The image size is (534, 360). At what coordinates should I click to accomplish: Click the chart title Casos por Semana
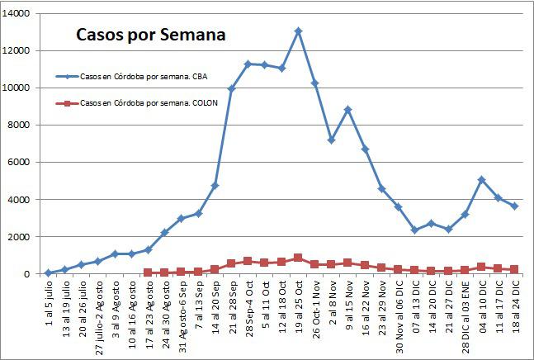coord(150,36)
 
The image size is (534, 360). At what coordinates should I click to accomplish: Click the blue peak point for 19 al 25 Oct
coord(298,31)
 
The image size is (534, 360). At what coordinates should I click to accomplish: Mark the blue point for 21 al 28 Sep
coord(231,89)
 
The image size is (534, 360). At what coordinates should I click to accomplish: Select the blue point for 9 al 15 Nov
coord(348,109)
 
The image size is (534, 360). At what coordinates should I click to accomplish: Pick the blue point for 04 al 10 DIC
coord(482,179)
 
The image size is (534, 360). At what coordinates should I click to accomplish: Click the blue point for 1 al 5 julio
coord(48,272)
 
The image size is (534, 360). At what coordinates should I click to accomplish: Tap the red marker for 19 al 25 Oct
coord(298,258)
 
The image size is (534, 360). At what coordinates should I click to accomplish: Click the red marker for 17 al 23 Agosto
coord(148,272)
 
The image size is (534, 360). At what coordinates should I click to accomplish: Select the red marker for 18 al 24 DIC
coord(515,269)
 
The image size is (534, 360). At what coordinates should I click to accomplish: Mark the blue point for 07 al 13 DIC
coord(415,230)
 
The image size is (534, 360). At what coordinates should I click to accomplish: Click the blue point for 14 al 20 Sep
coord(215,186)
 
